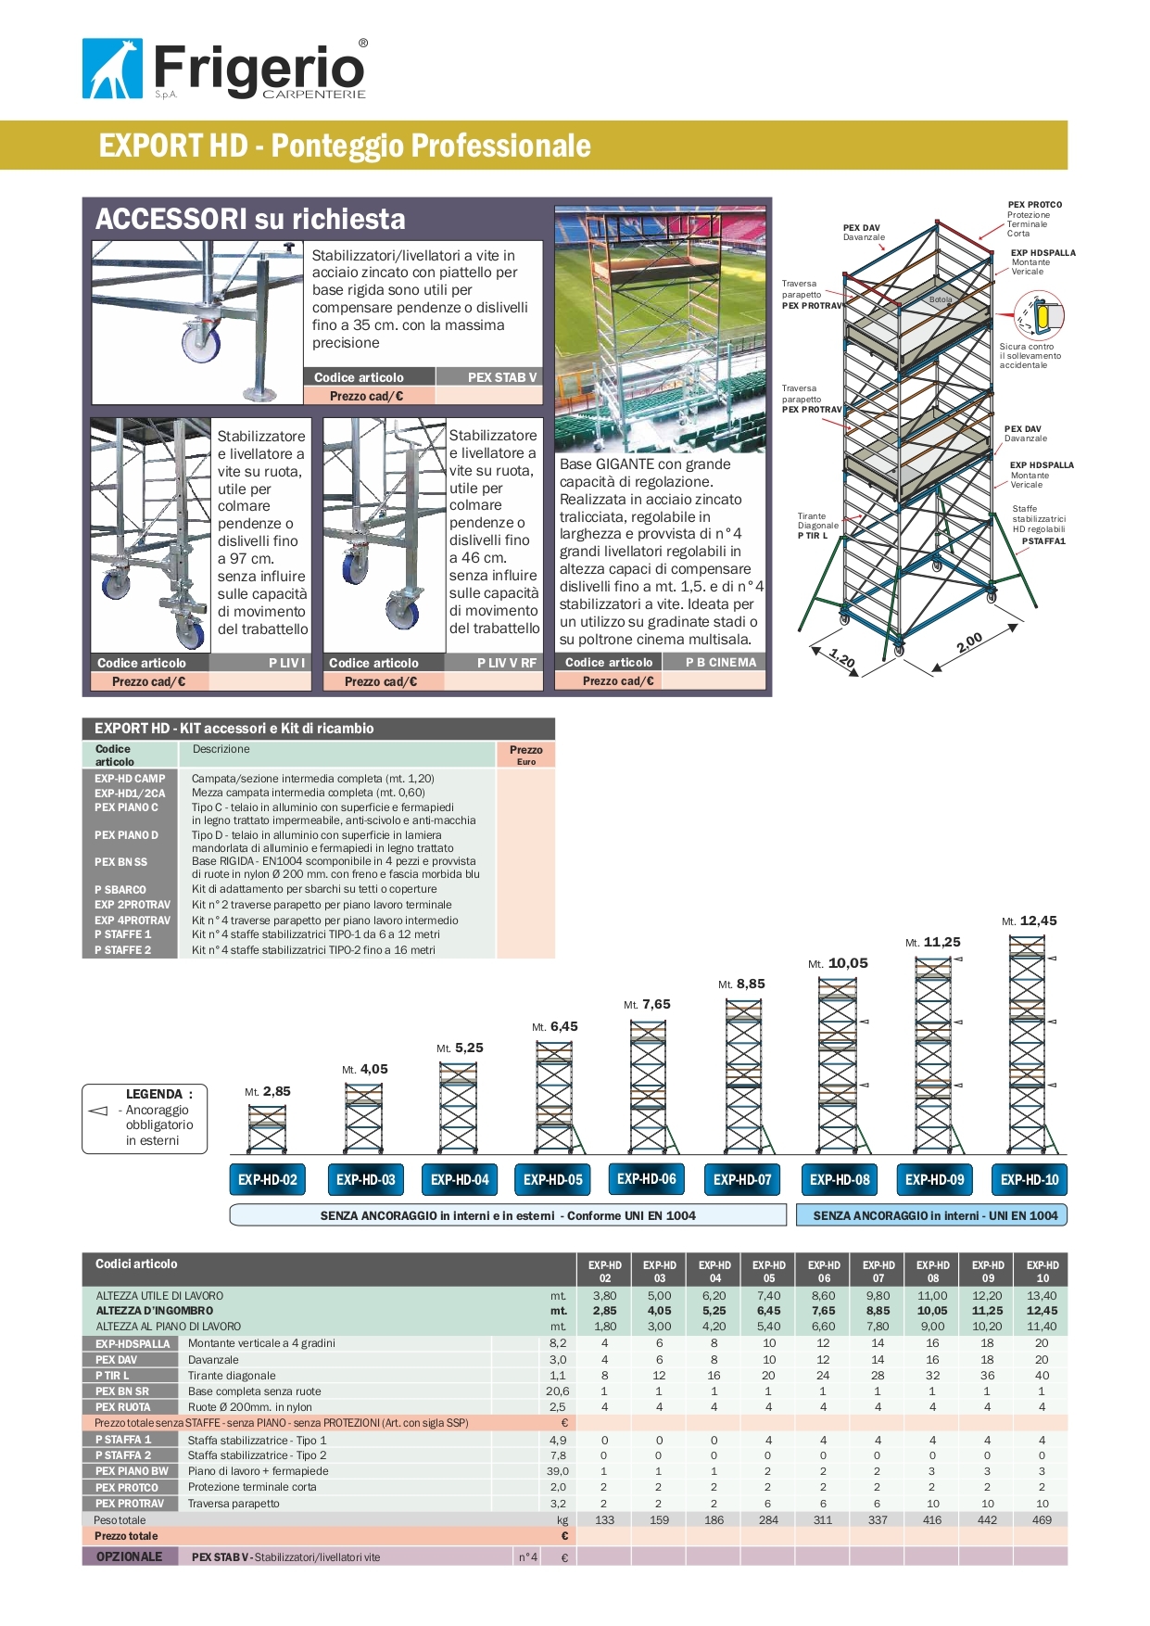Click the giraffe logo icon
[x=112, y=69]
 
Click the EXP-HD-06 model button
[x=647, y=1178]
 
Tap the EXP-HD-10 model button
[x=1029, y=1179]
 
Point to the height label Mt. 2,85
[x=267, y=1091]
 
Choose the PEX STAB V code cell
[x=501, y=377]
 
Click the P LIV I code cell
[x=286, y=663]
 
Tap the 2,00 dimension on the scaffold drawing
[x=968, y=643]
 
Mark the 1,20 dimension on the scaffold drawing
[x=842, y=657]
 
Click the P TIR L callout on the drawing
[x=813, y=535]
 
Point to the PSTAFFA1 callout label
[x=1043, y=541]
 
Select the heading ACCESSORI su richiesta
[x=250, y=219]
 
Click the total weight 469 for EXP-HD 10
[x=1042, y=1519]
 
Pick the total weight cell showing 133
[x=604, y=1519]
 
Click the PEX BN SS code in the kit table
[x=120, y=862]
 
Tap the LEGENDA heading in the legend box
[x=158, y=1094]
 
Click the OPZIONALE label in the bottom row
[x=129, y=1556]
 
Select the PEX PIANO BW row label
[x=132, y=1471]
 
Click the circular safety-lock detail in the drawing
[x=1040, y=316]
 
